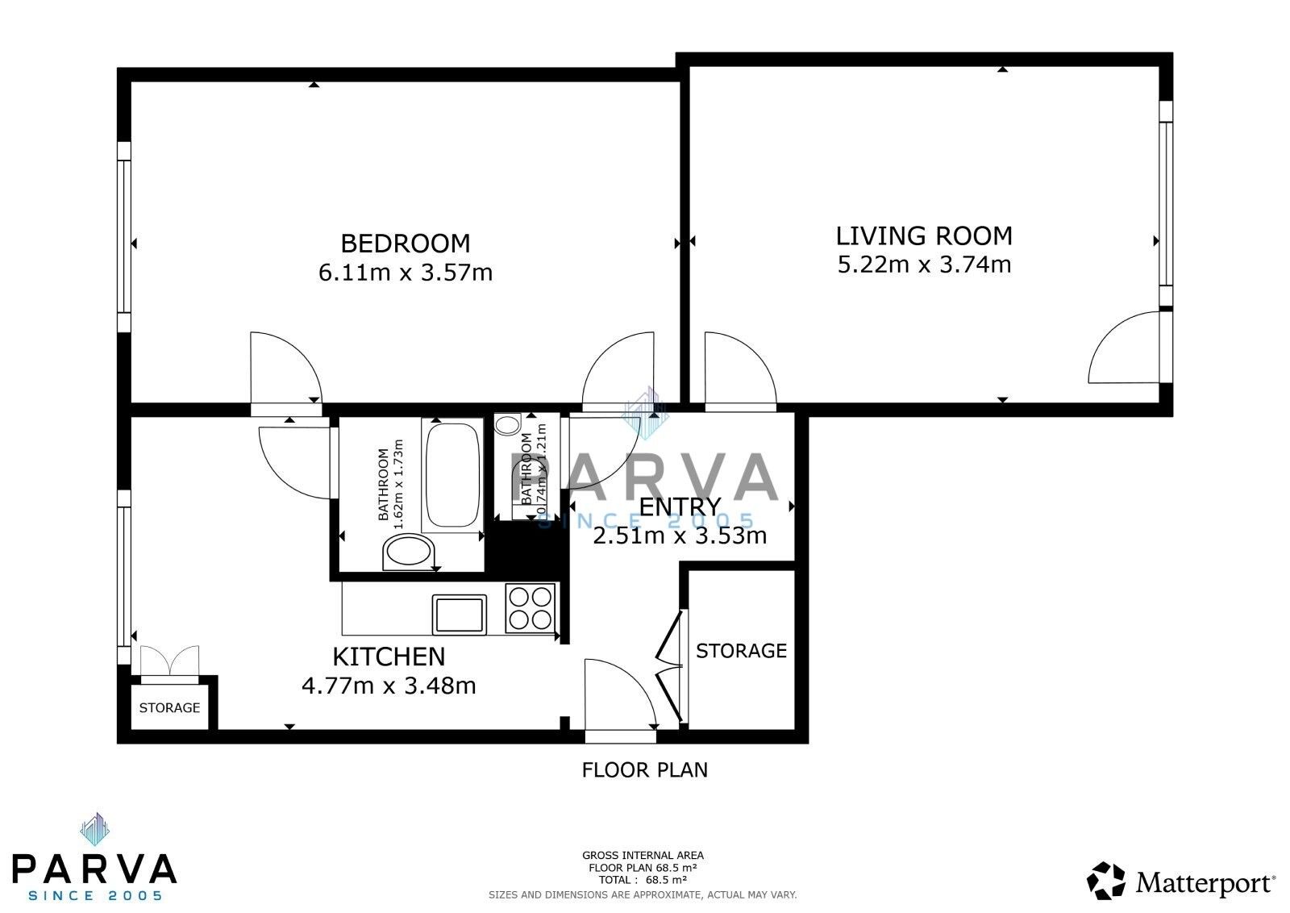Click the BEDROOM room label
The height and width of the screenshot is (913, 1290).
405,243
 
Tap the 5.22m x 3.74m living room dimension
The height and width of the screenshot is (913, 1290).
924,264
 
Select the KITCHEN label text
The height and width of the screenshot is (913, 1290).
389,657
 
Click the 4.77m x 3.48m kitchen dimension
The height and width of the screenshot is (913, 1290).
389,686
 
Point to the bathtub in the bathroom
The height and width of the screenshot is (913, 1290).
451,476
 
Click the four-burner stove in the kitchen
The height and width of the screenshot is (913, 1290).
530,607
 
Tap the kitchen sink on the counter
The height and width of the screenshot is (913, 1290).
460,615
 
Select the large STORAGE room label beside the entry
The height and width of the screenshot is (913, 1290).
741,650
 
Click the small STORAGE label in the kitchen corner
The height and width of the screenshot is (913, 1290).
169,707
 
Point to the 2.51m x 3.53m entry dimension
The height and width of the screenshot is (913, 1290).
680,536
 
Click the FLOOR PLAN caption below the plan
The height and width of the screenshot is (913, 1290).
644,769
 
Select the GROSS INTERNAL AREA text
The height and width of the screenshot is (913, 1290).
643,855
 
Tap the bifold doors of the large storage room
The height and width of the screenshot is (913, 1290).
671,668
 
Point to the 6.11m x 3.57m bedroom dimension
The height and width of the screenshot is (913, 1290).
405,273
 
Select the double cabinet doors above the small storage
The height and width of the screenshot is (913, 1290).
169,660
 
